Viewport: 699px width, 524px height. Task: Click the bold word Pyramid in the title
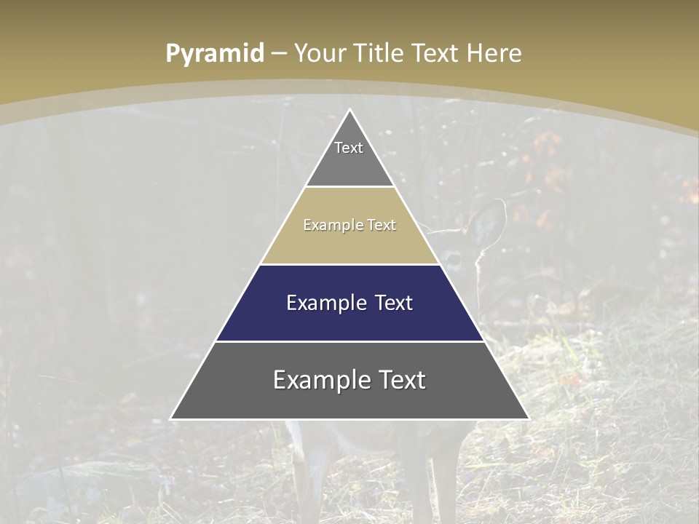[215, 54]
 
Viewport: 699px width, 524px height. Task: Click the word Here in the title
[494, 54]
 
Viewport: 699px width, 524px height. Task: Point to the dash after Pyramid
[279, 54]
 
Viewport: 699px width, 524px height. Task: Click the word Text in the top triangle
[349, 148]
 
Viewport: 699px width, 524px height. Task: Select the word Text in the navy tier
[394, 303]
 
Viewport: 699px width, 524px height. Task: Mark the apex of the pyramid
[349, 111]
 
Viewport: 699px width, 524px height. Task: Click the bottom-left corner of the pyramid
[172, 418]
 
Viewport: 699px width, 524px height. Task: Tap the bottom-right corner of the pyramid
[528, 418]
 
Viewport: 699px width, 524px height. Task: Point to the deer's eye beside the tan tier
[454, 257]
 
